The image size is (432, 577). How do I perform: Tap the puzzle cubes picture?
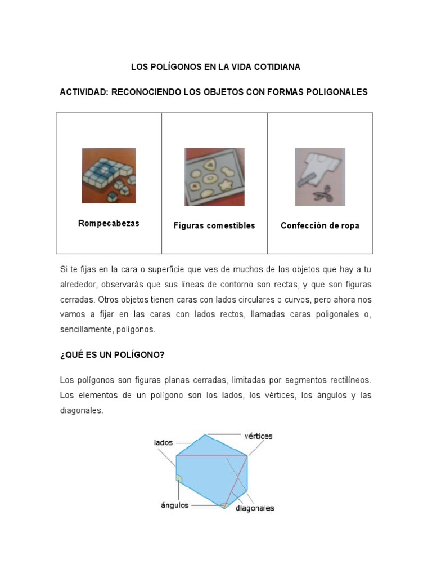pyautogui.click(x=109, y=175)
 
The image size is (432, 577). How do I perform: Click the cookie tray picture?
pyautogui.click(x=214, y=176)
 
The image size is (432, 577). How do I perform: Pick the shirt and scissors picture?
pyautogui.click(x=320, y=176)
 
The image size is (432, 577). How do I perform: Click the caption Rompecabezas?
pyautogui.click(x=109, y=223)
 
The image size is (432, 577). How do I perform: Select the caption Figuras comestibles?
pyautogui.click(x=214, y=225)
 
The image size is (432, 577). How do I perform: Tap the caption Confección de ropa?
pyautogui.click(x=320, y=225)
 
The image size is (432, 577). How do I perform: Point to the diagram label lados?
pyautogui.click(x=163, y=443)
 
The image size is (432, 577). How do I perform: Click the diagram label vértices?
pyautogui.click(x=258, y=436)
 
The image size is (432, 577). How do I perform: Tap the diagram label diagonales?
pyautogui.click(x=255, y=508)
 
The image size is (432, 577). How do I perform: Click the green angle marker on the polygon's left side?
pyautogui.click(x=179, y=479)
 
